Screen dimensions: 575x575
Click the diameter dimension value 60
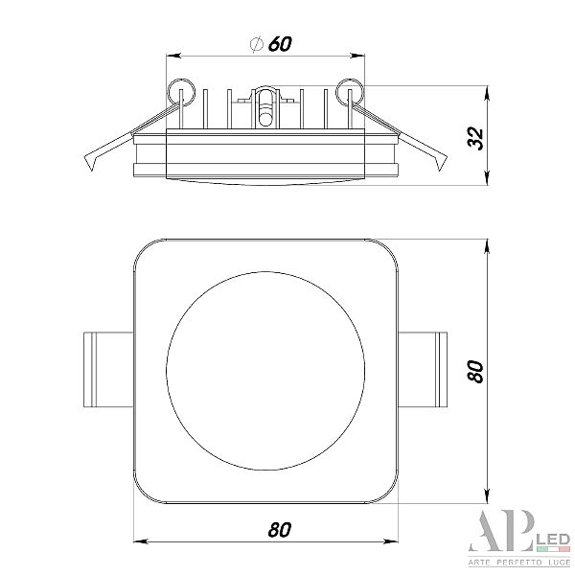coord(280,44)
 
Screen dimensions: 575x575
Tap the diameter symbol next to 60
coord(257,44)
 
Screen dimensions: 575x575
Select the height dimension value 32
coord(475,137)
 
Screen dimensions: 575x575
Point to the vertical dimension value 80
coord(475,372)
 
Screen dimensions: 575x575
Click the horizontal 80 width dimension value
coord(280,530)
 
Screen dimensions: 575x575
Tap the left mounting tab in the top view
coord(108,370)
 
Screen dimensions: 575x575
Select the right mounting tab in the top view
coord(423,370)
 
